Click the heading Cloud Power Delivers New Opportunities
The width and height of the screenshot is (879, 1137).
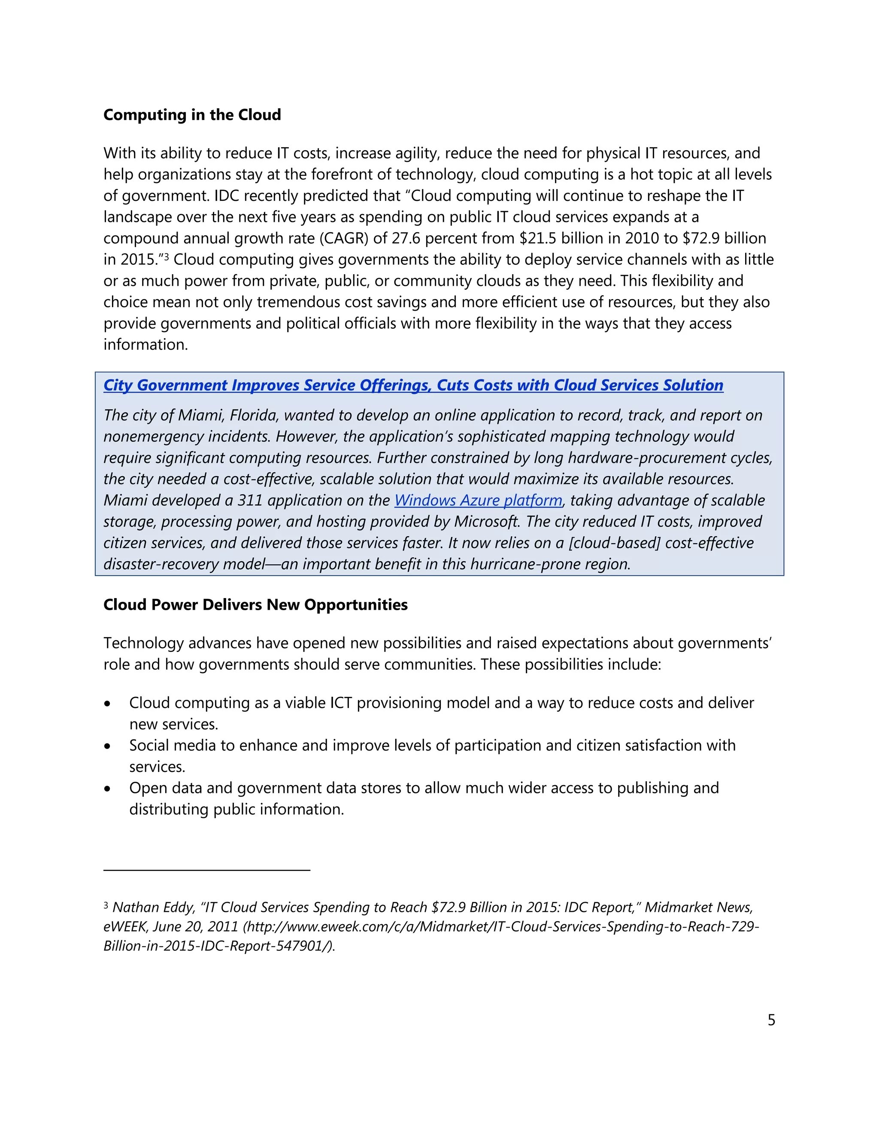tap(255, 605)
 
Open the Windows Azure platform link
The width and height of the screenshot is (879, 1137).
tap(478, 500)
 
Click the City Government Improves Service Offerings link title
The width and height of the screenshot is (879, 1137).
tap(413, 385)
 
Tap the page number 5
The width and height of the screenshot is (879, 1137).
tap(771, 1020)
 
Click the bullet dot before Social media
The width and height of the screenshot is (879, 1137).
tap(107, 747)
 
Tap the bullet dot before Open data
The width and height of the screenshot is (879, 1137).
tap(107, 789)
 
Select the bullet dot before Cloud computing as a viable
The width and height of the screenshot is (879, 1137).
tap(107, 704)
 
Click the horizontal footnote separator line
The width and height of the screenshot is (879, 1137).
tap(207, 870)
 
